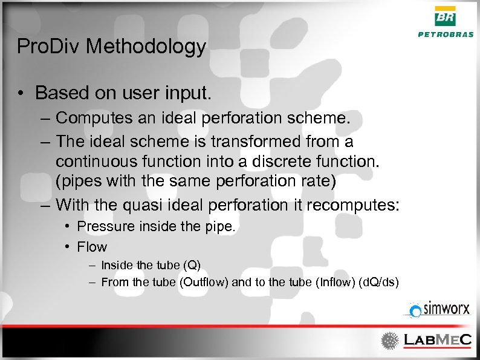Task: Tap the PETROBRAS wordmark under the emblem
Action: [x=446, y=34]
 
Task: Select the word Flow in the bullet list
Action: [x=92, y=247]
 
